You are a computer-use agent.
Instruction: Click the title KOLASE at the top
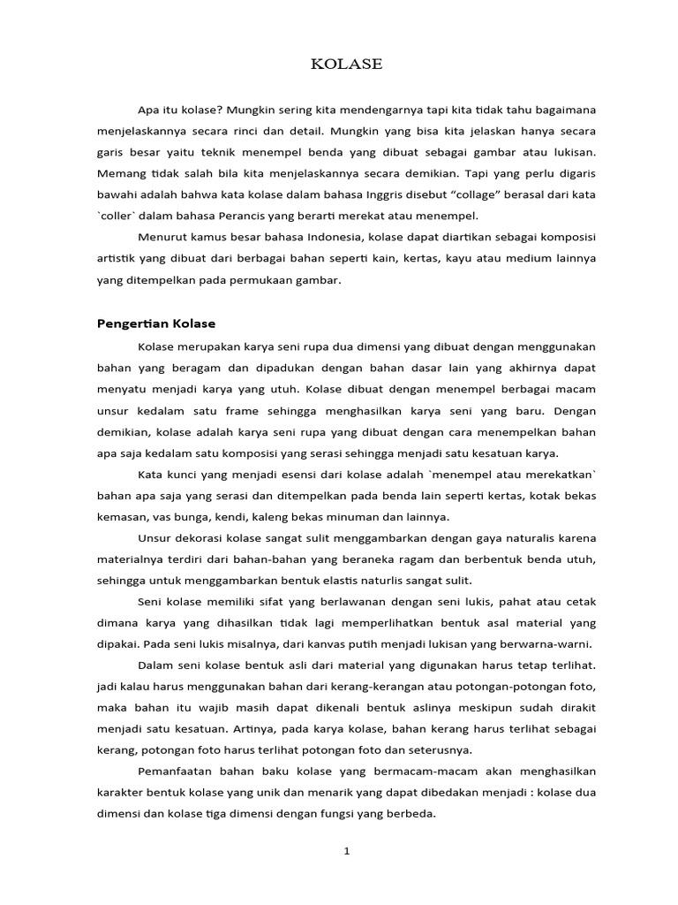click(x=347, y=65)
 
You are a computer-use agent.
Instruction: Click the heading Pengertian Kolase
click(x=156, y=323)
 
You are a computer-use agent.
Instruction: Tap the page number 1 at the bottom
click(x=347, y=851)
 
